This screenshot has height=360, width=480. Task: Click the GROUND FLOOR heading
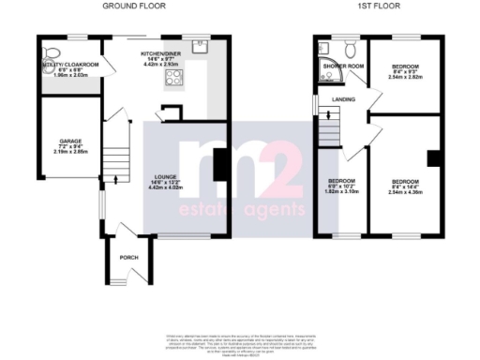click(129, 6)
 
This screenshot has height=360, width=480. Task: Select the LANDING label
click(329, 98)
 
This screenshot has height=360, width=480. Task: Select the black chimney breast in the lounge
click(218, 168)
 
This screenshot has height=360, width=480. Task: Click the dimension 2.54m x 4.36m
click(405, 192)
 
